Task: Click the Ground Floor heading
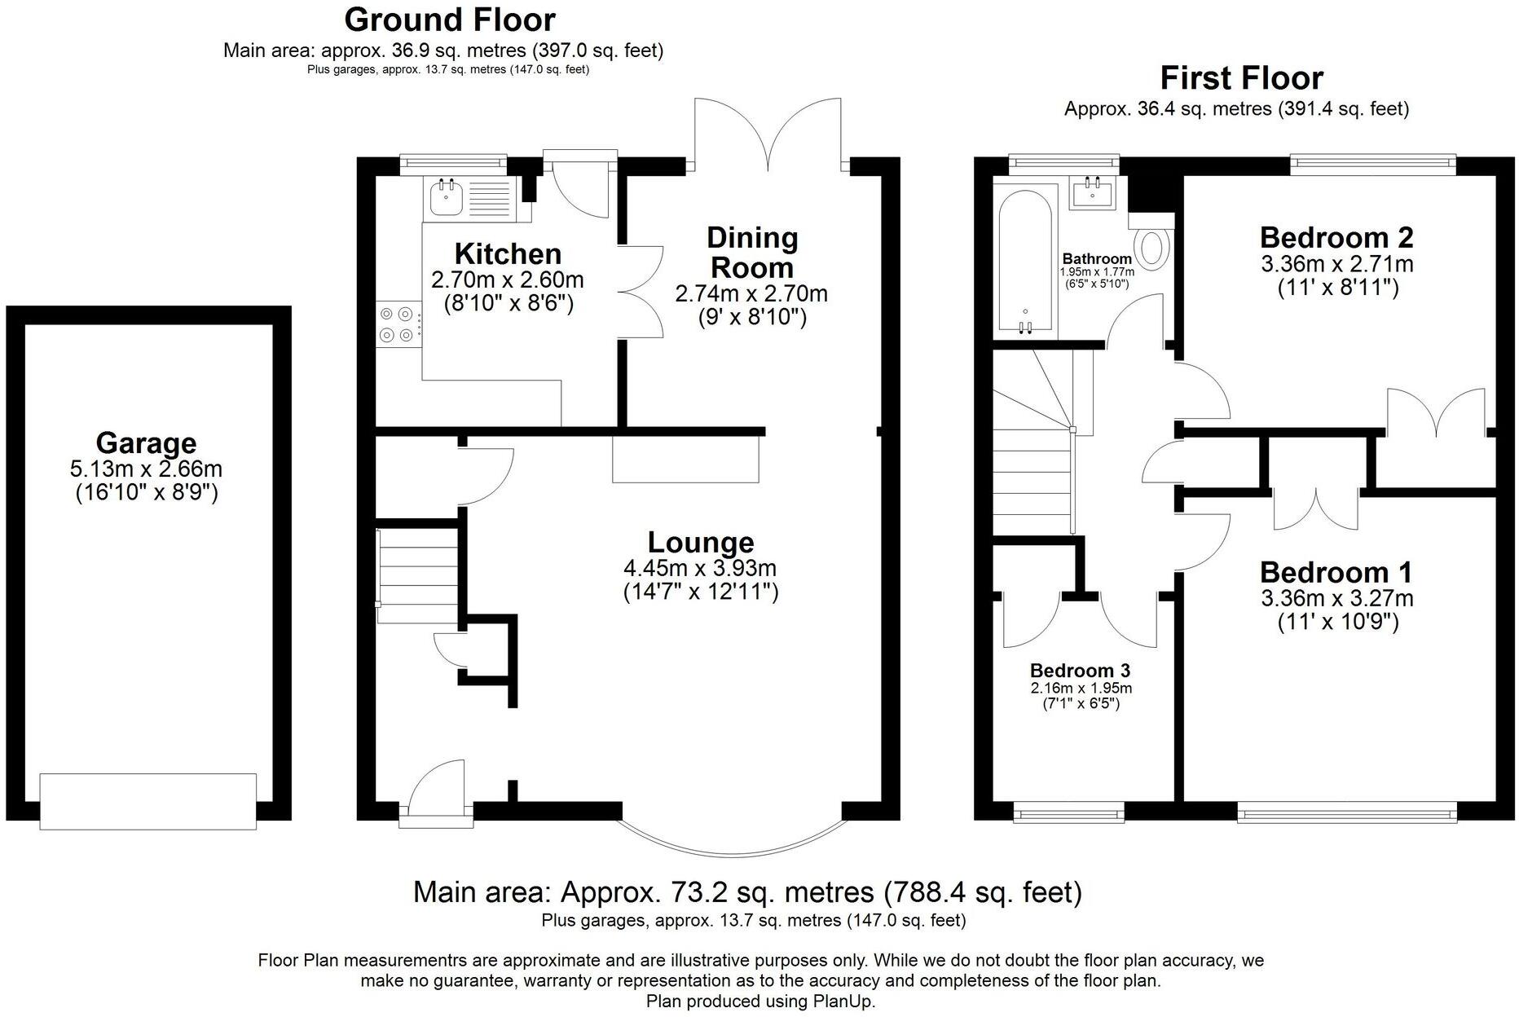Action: pos(449,20)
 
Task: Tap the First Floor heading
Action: pos(1241,78)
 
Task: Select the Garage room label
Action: pos(146,442)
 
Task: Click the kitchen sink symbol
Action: pos(445,197)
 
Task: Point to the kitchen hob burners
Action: pos(396,324)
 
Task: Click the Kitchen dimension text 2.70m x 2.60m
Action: pos(507,280)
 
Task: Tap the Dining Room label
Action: pos(751,252)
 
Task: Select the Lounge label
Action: pos(700,542)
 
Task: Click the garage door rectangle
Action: pos(147,801)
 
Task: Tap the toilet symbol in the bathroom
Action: pos(1152,248)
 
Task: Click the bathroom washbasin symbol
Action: pos(1092,194)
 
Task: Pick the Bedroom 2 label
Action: pos(1336,237)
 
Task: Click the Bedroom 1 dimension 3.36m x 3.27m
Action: pos(1336,599)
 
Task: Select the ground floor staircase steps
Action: pos(418,575)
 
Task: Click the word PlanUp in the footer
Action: pos(843,1002)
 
